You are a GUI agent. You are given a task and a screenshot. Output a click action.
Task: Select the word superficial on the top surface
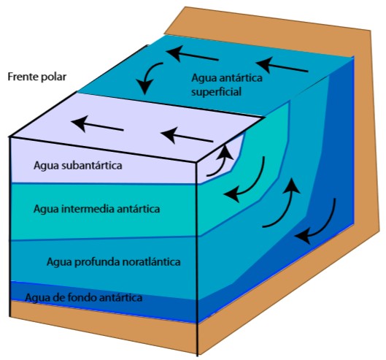217,93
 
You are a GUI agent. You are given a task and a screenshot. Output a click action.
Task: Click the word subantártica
92,165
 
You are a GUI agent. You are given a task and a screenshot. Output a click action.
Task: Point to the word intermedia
88,209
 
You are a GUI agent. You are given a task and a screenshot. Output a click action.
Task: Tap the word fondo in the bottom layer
82,298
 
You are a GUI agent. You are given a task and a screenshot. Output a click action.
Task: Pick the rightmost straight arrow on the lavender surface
187,136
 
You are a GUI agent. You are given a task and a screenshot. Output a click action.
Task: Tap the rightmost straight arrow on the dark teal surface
282,65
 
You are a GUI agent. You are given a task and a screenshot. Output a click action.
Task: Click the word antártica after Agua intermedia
138,209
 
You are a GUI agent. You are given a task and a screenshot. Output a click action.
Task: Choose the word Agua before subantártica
46,166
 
